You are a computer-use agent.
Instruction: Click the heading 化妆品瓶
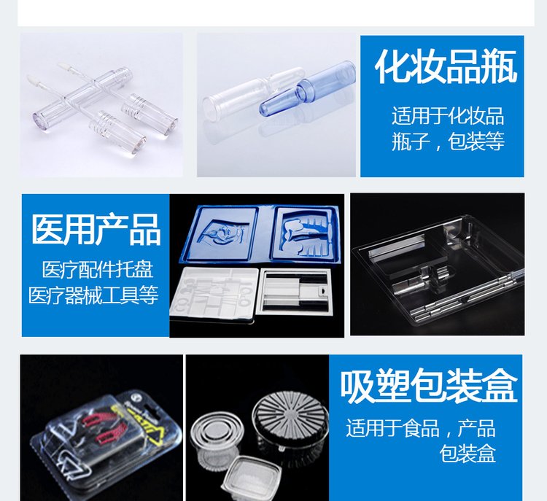(x=446, y=66)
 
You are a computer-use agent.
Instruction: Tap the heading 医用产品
(x=96, y=230)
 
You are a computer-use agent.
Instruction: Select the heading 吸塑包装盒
(x=429, y=387)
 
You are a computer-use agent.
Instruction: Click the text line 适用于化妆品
(x=448, y=116)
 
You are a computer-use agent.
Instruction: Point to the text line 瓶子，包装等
(x=448, y=141)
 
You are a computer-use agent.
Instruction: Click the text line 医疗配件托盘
(x=97, y=269)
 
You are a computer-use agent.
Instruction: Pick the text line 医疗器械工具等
(x=93, y=295)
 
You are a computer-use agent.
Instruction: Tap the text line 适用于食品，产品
(x=421, y=428)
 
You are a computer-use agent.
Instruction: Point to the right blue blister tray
(x=305, y=233)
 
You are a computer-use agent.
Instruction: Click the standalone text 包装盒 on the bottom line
(x=468, y=453)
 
